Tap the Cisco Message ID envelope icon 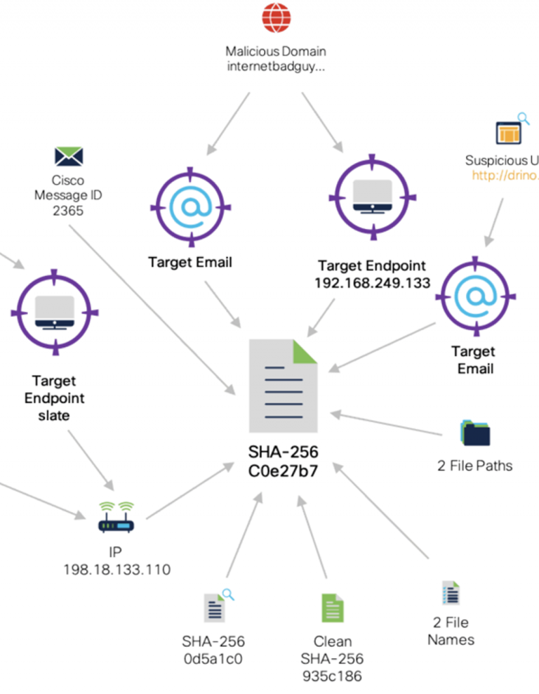pos(68,156)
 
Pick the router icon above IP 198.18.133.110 pos(116,518)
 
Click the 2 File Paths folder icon pos(475,433)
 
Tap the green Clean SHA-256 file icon pos(332,608)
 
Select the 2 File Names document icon pos(451,594)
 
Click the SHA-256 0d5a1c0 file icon pos(215,607)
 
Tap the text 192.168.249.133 pos(371,282)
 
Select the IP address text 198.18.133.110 pos(117,569)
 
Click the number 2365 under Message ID pos(68,210)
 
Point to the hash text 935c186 pos(332,675)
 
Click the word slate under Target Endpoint pos(55,416)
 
